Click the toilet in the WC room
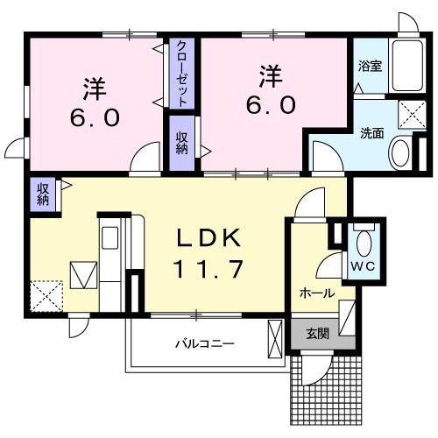coord(363,240)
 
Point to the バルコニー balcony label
coord(202,344)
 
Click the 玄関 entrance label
coord(317,334)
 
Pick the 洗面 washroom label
coord(372,134)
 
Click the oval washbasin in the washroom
coord(400,153)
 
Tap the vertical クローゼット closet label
coord(181,74)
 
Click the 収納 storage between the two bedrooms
coord(181,144)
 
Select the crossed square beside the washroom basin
coord(407,113)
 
